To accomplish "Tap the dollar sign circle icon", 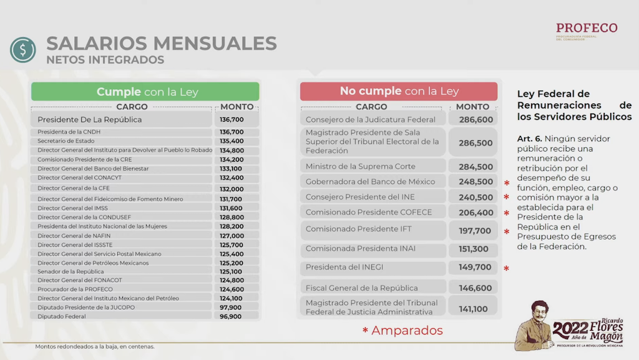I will [x=23, y=51].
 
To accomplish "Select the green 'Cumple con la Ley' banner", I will [x=145, y=92].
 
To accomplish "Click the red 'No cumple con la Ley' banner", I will [x=399, y=91].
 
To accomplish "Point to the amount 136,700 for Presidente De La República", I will [x=232, y=119].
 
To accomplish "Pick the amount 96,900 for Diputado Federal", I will [x=231, y=316].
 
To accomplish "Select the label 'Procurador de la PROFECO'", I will [x=75, y=289].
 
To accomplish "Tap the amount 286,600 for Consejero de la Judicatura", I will [x=476, y=119].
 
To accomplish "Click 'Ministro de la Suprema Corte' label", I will [x=360, y=167].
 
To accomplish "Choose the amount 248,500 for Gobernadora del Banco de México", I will [x=476, y=182].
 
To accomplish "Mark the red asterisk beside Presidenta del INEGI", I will [x=507, y=269].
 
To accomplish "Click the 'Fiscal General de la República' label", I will [x=361, y=288].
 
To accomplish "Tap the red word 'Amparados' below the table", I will [x=407, y=331].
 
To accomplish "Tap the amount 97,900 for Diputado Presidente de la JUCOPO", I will [x=231, y=307].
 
